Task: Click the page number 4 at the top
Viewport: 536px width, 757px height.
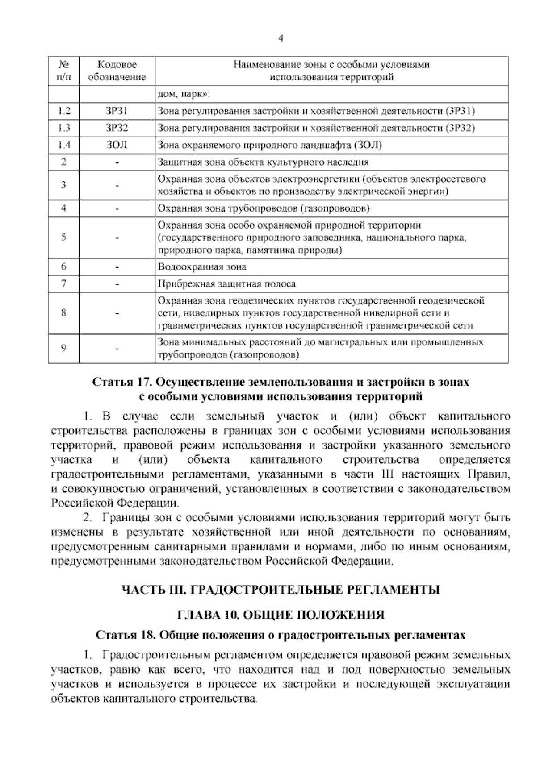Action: coord(281,38)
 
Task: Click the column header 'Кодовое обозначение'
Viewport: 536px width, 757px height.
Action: coord(117,71)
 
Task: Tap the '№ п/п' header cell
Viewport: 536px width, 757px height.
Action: coord(63,71)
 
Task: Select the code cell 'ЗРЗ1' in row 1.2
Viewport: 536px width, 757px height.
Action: coord(117,111)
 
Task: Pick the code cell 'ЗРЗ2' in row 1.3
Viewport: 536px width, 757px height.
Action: coord(117,128)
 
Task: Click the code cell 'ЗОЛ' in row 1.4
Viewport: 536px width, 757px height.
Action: coord(117,145)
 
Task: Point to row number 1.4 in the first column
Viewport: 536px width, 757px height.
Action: coord(63,145)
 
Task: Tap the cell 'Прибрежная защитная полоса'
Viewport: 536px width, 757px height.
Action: coord(227,284)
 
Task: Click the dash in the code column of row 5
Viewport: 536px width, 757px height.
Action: coord(117,238)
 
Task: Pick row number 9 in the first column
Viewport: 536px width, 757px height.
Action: coord(63,349)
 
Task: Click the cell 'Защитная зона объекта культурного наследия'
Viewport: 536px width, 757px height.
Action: coord(264,162)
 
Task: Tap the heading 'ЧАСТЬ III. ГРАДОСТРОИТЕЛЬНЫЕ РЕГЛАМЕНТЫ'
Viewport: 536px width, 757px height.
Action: coord(281,590)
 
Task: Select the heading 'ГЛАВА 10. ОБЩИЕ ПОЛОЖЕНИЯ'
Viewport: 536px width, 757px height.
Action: coord(281,615)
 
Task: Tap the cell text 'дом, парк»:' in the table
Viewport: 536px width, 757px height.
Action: coord(184,95)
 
